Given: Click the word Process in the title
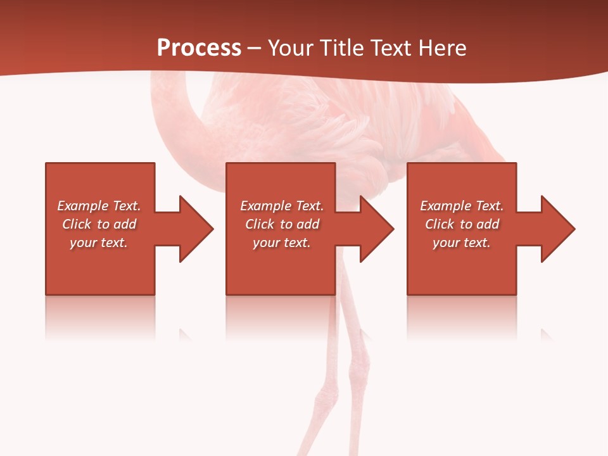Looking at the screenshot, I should (x=199, y=48).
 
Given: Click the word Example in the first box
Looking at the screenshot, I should (x=83, y=206).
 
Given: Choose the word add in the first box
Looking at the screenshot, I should (x=125, y=224).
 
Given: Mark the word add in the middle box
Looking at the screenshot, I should (x=308, y=224).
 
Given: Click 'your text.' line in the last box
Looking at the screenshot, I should (x=462, y=243).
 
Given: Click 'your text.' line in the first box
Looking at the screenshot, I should (x=99, y=243).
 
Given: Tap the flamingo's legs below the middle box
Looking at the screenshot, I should (x=345, y=367).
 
